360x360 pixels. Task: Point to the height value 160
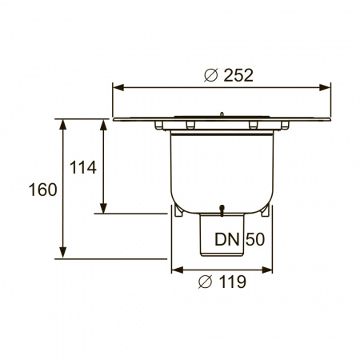click(x=42, y=190)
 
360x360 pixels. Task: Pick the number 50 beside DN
click(x=254, y=238)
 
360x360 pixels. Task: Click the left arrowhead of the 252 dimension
click(x=116, y=87)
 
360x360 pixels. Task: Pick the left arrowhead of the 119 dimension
click(x=174, y=270)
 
